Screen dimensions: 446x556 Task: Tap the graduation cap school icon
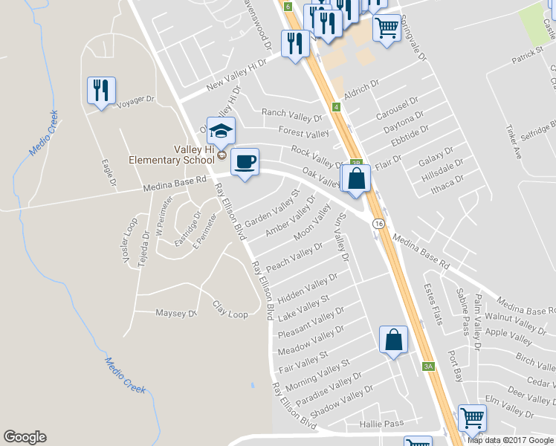221,132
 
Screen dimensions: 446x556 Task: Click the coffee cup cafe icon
245,161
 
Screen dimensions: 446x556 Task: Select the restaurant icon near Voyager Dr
102,91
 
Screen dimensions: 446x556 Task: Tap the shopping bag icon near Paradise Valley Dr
394,340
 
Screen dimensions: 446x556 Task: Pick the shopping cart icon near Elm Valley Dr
472,419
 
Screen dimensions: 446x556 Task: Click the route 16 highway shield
378,224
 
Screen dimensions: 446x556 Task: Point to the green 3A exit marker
428,366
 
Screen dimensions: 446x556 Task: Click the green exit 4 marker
337,108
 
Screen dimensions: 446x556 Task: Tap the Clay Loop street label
230,309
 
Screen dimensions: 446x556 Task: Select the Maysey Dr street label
175,313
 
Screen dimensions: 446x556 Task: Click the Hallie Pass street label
381,423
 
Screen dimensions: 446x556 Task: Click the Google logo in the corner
25,437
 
